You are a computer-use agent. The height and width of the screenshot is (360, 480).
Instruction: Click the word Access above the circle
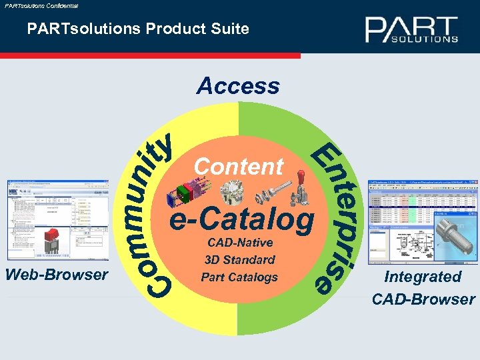[238, 86]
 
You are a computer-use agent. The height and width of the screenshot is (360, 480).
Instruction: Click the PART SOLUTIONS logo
[411, 30]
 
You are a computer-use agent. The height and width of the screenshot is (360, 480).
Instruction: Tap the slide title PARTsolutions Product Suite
[138, 29]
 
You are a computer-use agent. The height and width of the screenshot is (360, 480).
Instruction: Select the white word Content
[239, 166]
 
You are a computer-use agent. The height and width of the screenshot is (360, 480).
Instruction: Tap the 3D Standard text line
[239, 259]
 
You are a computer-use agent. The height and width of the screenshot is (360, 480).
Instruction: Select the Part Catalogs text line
[239, 277]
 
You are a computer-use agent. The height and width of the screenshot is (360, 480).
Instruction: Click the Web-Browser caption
[57, 274]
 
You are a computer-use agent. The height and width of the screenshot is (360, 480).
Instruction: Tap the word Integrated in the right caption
[423, 277]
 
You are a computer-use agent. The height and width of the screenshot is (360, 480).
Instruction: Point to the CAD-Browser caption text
[423, 299]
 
